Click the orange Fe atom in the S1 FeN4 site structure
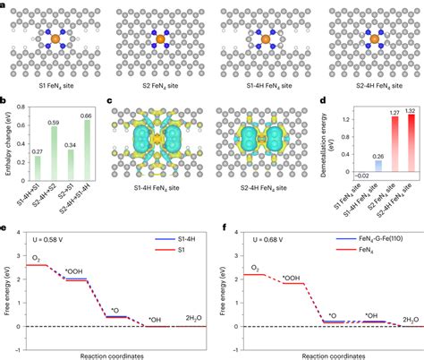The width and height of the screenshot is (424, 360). (x=52, y=40)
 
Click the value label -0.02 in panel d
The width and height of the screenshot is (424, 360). (x=336, y=177)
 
